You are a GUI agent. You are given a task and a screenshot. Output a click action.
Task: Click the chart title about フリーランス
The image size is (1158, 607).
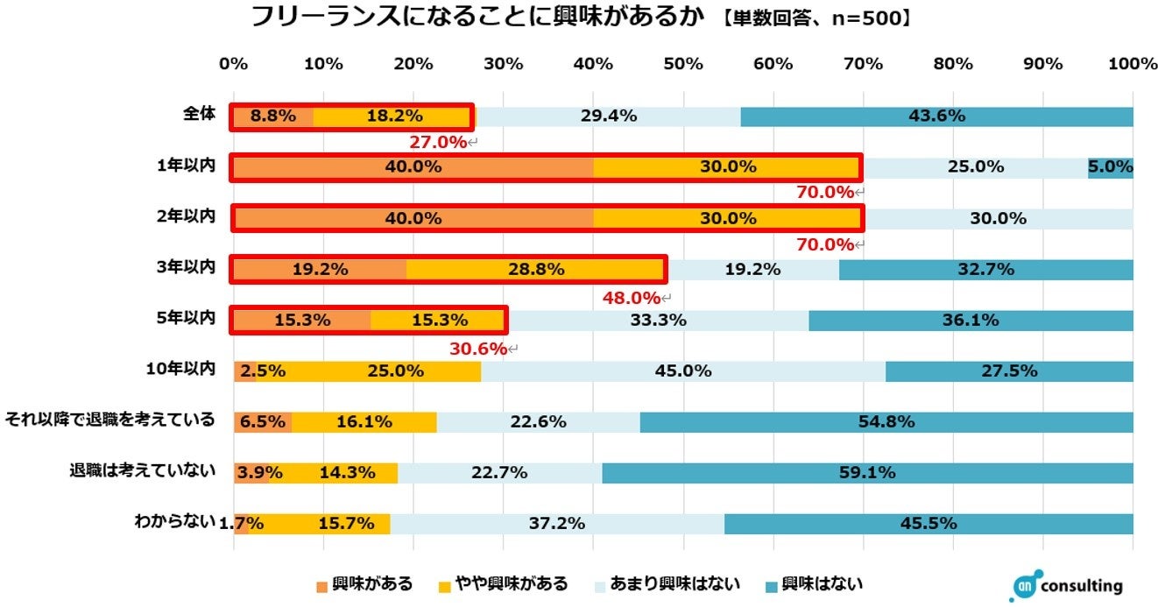pyautogui.click(x=477, y=18)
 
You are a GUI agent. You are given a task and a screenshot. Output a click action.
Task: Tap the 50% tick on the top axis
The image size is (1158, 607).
pyautogui.click(x=683, y=64)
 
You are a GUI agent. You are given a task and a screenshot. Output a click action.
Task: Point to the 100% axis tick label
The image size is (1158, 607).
pyautogui.click(x=1132, y=64)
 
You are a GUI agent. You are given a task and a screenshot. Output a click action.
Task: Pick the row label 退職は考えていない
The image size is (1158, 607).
pyautogui.click(x=143, y=470)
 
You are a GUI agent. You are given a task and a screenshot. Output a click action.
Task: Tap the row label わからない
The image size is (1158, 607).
pyautogui.click(x=174, y=522)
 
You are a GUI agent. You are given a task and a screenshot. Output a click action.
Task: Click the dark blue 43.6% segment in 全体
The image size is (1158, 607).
pyautogui.click(x=936, y=116)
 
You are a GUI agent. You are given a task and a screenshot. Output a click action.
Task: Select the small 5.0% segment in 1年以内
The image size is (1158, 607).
pyautogui.click(x=1111, y=167)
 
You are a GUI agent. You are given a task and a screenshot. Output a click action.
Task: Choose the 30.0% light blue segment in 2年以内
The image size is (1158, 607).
pyautogui.click(x=998, y=219)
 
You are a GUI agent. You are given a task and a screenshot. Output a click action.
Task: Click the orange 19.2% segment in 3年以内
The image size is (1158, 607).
pyautogui.click(x=320, y=270)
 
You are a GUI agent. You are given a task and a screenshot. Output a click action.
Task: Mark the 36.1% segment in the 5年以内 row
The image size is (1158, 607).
pyautogui.click(x=970, y=321)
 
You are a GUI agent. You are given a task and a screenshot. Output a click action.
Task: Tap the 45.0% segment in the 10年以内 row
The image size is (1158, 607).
pyautogui.click(x=682, y=371)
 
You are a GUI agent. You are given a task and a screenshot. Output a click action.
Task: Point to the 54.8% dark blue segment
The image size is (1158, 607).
pyautogui.click(x=886, y=422)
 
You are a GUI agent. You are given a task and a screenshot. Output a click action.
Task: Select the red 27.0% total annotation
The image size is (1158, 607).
pyautogui.click(x=438, y=142)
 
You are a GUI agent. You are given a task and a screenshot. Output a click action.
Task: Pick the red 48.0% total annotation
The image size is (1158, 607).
pyautogui.click(x=631, y=298)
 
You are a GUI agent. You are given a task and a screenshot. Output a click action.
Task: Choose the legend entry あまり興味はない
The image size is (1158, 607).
pyautogui.click(x=668, y=583)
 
